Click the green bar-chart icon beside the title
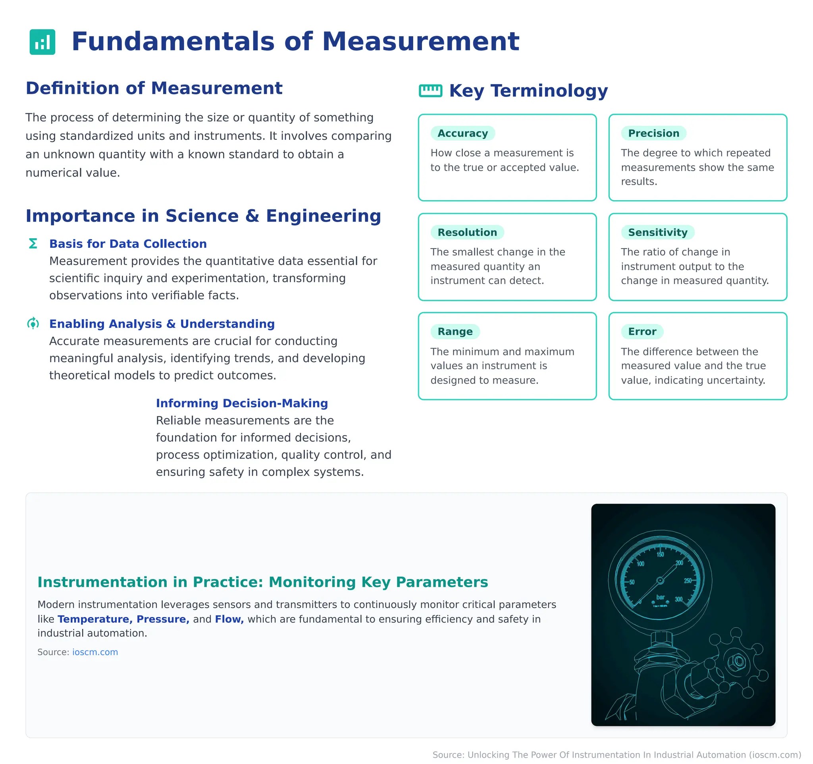42,42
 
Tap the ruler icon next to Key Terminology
430,91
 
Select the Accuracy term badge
462,133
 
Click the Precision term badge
653,133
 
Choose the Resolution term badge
467,232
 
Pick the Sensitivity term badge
658,232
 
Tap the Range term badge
455,331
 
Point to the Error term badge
642,331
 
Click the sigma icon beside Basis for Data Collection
33,243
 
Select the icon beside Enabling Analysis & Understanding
33,324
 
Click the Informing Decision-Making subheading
242,403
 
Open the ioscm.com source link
95,652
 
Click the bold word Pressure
163,619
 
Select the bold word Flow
229,619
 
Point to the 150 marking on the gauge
661,555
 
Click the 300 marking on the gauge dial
679,600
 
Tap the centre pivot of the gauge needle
660,581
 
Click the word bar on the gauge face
661,597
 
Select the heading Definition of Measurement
154,88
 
